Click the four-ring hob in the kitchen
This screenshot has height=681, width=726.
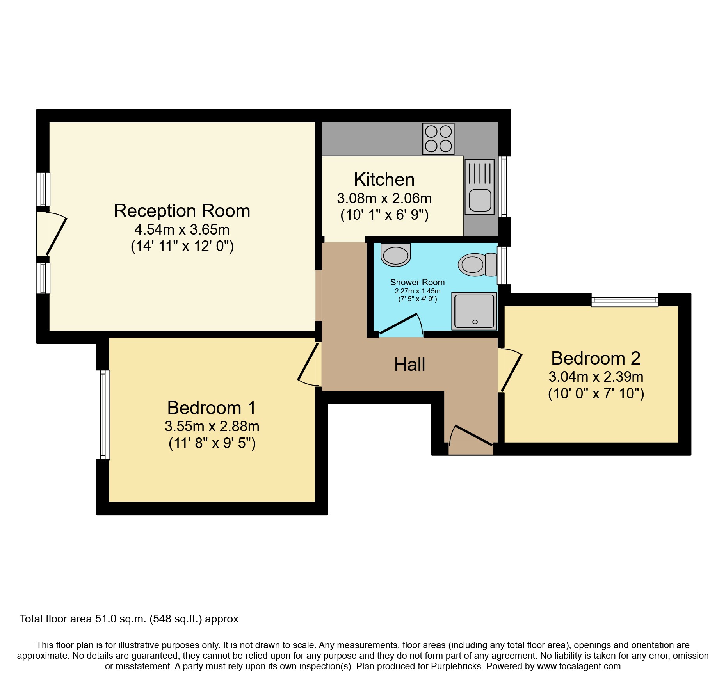coord(438,139)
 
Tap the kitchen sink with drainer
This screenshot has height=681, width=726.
coord(479,187)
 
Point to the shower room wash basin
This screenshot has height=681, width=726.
coord(396,255)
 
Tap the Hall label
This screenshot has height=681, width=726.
coord(409,365)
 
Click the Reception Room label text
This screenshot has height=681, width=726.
coord(182,211)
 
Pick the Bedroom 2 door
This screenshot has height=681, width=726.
coord(511,371)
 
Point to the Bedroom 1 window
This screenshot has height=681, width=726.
coord(103,414)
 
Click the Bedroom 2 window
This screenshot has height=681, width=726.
coord(625,300)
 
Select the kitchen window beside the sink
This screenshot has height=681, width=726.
coord(505,187)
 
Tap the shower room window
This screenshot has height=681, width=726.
coord(504,265)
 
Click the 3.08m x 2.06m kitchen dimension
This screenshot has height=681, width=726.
coord(384,199)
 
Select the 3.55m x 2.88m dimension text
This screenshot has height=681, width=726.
coord(212,427)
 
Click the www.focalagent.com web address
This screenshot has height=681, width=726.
coord(578,666)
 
